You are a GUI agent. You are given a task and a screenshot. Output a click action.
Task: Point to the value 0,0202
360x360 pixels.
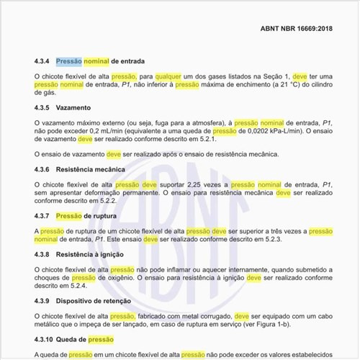[x=251, y=132]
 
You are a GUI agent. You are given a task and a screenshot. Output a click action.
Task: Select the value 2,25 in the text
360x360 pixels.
[x=189, y=185]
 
